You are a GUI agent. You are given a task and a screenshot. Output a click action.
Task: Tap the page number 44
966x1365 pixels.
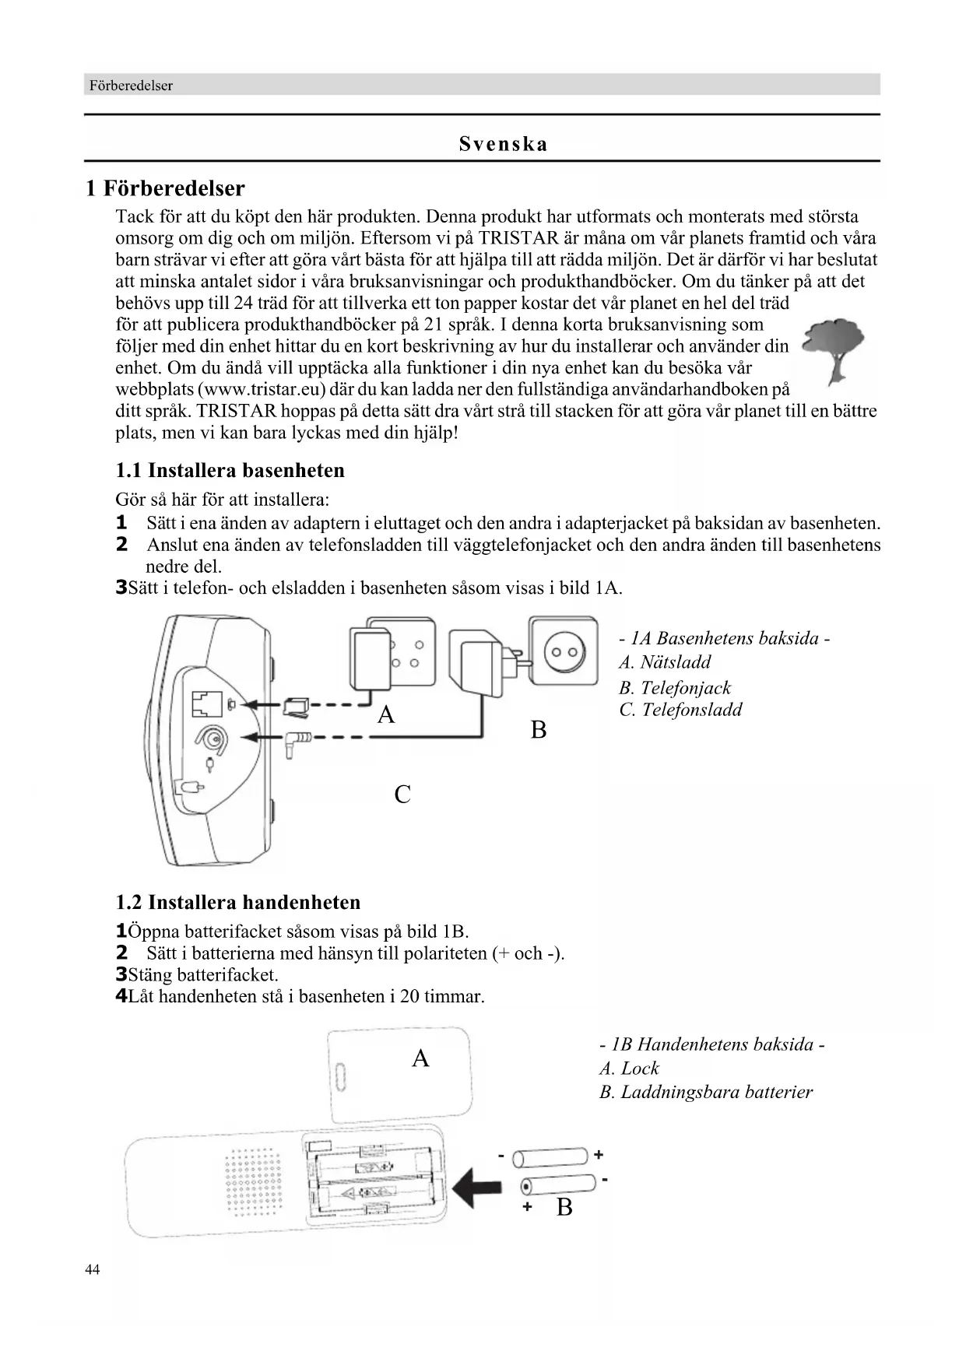pos(93,1270)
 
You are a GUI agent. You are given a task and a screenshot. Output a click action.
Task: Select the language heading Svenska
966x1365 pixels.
pos(503,144)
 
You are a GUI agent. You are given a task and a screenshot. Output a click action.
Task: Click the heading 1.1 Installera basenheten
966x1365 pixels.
pos(230,470)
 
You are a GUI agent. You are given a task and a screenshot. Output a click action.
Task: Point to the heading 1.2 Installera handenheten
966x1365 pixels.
pos(238,902)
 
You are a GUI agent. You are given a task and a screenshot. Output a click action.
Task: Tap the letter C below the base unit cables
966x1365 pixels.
pos(402,795)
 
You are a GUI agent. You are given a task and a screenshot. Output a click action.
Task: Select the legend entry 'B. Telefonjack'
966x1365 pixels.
pos(675,687)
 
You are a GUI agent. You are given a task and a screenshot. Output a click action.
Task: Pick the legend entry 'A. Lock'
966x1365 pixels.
pos(629,1068)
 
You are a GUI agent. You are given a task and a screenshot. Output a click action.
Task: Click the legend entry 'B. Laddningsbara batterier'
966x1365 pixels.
pos(705,1092)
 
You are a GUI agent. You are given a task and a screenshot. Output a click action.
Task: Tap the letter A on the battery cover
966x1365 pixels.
pos(420,1058)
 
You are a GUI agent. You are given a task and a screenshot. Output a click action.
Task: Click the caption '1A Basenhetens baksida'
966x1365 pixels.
pos(724,638)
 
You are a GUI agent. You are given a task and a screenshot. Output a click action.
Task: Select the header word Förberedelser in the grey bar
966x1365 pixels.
pos(131,86)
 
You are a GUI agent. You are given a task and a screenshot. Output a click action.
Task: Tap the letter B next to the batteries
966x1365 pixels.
pos(564,1207)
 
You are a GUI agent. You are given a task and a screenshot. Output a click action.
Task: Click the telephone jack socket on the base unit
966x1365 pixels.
pos(206,704)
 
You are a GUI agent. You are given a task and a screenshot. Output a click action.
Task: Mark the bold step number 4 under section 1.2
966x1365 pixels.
pos(121,996)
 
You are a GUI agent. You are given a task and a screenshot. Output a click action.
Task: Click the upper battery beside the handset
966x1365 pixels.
pos(550,1157)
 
